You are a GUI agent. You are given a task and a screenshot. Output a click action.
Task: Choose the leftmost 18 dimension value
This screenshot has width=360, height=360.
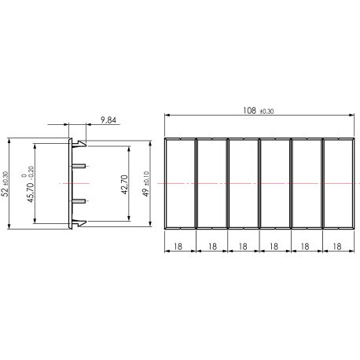(180, 245)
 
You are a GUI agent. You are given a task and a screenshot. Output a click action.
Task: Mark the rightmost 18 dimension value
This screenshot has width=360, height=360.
(336, 245)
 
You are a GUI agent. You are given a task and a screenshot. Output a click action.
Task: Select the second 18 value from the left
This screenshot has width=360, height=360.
(211, 245)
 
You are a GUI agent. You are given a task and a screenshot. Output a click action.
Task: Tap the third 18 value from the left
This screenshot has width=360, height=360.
(243, 245)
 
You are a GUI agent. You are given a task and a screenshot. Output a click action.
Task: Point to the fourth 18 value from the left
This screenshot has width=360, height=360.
(274, 245)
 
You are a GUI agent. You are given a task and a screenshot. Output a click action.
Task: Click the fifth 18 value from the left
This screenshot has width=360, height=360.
(305, 245)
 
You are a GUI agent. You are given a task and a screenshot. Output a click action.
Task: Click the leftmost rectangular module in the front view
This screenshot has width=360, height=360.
(180, 184)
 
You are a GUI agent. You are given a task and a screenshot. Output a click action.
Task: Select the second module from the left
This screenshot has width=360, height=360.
(211, 184)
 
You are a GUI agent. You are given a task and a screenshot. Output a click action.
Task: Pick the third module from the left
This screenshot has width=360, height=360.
(243, 184)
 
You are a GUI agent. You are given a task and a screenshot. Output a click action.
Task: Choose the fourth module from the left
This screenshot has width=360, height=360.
(274, 184)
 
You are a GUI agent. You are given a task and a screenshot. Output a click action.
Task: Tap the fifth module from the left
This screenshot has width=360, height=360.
(306, 184)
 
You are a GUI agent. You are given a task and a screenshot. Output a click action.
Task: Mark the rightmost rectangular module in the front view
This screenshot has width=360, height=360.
(336, 184)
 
